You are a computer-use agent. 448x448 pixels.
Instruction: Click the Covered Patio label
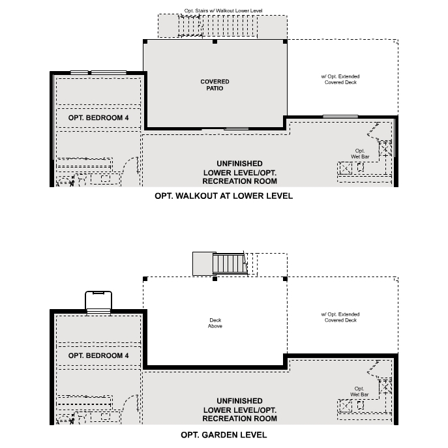(x=215, y=85)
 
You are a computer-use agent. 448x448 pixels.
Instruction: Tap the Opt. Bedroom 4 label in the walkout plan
(x=98, y=118)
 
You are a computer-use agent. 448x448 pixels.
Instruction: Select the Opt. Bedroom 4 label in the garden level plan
(x=98, y=355)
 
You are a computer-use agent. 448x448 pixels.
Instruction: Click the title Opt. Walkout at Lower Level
(x=224, y=196)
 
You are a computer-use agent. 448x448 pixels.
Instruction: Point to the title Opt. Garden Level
(x=224, y=434)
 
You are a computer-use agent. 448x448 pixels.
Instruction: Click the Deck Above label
(x=215, y=323)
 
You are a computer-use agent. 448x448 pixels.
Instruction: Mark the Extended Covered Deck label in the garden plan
(x=339, y=318)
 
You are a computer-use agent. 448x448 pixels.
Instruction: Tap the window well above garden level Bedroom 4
(x=99, y=302)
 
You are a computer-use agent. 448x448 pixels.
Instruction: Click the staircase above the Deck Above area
(x=229, y=263)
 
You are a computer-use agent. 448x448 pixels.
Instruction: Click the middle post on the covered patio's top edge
(x=215, y=41)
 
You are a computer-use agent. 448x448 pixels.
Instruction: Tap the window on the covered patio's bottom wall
(x=232, y=128)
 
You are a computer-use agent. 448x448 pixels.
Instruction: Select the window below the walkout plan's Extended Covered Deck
(x=340, y=117)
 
